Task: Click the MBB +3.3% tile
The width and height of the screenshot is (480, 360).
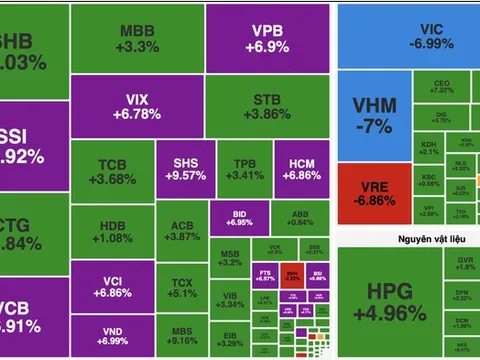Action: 137,38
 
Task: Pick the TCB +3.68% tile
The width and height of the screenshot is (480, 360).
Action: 111,171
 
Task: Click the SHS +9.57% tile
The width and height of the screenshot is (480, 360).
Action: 182,171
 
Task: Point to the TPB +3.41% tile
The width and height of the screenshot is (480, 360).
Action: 237,171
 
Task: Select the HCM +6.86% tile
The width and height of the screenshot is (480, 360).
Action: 300,171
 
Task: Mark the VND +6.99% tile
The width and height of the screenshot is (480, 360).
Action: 111,337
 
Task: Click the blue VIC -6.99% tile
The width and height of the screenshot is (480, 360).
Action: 408,37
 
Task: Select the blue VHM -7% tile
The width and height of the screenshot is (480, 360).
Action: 372,111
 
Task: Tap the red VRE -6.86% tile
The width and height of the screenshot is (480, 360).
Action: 372,189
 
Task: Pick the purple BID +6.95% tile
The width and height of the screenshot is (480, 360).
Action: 239,217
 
